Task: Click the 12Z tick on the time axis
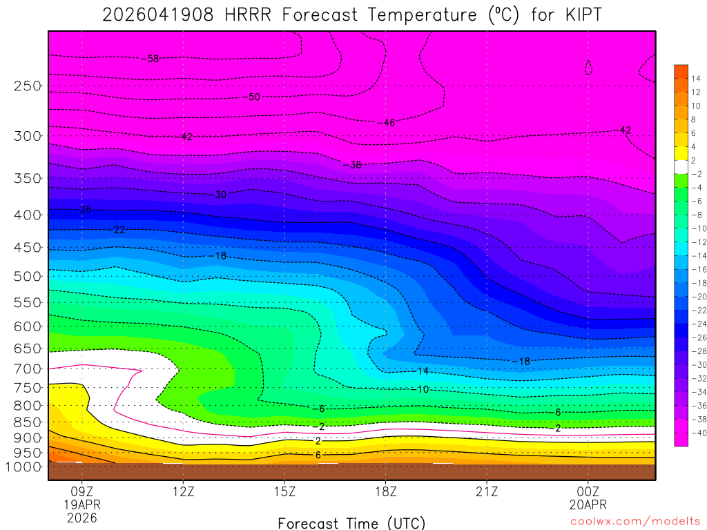click(183, 492)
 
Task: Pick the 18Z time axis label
click(386, 492)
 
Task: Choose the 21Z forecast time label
click(487, 492)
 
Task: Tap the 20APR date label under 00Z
click(588, 504)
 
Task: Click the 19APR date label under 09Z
click(82, 504)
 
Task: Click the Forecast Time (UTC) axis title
click(351, 522)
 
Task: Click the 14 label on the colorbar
click(695, 79)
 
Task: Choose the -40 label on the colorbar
click(694, 433)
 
